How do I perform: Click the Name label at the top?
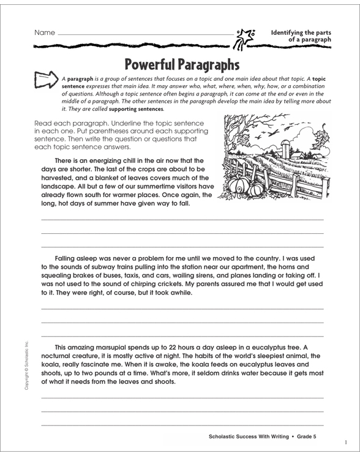point(45,32)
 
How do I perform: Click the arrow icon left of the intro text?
point(48,80)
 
